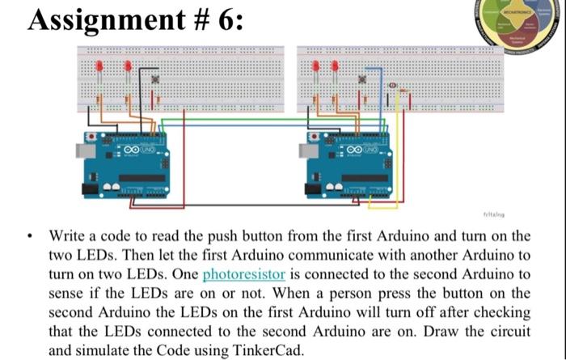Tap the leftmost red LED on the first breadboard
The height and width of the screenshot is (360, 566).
99,68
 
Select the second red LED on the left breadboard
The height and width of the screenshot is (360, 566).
127,68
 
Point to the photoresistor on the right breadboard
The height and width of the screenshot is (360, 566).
392,85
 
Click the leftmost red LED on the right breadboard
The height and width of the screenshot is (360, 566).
315,68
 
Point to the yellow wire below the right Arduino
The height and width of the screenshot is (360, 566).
380,207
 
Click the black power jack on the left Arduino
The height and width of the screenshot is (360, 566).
87,188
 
